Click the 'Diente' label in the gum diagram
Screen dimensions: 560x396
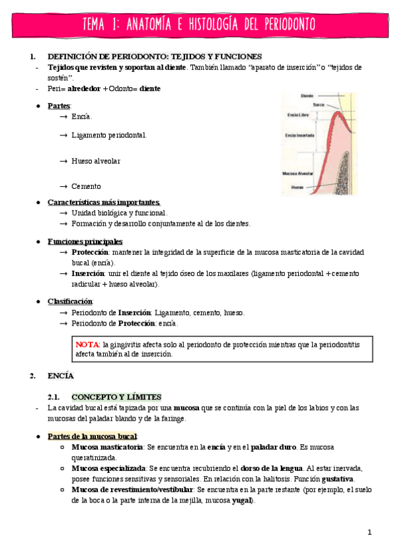click(x=307, y=96)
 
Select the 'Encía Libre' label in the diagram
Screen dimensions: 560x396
click(x=299, y=116)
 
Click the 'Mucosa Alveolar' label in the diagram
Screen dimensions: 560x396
click(x=297, y=174)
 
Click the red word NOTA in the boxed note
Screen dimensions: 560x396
click(x=87, y=344)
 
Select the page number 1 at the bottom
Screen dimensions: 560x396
click(x=370, y=532)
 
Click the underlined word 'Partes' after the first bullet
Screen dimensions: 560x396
click(x=59, y=106)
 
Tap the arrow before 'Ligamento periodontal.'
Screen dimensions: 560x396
click(x=63, y=135)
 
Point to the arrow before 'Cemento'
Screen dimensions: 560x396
click(x=63, y=187)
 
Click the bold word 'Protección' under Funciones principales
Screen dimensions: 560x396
click(x=87, y=252)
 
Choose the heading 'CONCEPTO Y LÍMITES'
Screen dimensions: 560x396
click(x=116, y=397)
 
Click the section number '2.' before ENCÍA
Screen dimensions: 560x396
click(x=32, y=376)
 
